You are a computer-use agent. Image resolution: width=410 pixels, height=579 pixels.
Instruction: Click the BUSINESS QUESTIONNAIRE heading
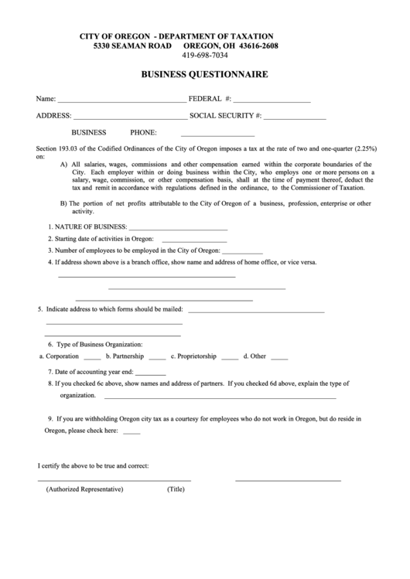[204, 75]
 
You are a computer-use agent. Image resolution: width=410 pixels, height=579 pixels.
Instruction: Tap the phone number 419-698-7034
[205, 56]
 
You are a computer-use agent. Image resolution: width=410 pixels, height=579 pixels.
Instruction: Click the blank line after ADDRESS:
[130, 118]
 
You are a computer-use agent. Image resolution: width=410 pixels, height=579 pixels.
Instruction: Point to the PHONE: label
[144, 133]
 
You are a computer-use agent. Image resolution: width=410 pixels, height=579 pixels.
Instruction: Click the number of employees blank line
[243, 253]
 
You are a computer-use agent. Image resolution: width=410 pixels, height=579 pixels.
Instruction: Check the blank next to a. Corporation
[92, 359]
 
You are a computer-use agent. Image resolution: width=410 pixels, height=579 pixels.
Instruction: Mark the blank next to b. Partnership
[157, 359]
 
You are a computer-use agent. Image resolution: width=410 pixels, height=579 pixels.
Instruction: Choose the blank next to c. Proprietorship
[230, 359]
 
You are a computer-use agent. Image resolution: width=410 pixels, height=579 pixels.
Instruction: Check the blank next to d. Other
[279, 359]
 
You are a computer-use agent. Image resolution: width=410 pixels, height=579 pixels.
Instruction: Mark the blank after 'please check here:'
[132, 432]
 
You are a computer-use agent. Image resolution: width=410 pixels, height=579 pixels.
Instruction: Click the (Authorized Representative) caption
[84, 489]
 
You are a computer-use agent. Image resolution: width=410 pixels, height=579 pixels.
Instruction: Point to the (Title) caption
[176, 489]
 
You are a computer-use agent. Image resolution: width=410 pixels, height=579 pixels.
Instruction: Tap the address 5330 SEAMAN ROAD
[132, 46]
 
